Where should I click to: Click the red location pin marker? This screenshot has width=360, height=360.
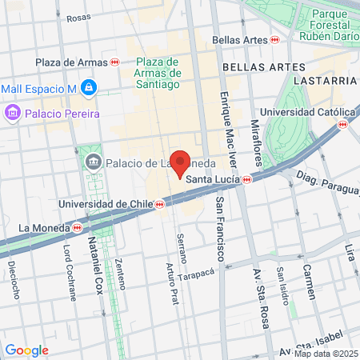click(181, 162)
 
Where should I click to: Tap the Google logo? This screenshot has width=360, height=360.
click(26, 350)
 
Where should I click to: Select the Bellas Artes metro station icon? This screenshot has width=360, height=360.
click(274, 39)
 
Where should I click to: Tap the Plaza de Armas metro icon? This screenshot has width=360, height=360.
click(115, 62)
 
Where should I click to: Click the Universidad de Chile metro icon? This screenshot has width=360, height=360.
click(158, 204)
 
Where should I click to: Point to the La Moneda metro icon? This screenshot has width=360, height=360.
click(78, 227)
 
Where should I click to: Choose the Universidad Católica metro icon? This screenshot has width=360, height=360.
click(343, 124)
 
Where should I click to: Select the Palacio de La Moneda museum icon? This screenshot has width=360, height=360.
click(94, 163)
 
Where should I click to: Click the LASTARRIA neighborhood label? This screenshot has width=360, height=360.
click(324, 81)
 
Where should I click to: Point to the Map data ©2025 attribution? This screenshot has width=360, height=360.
click(326, 354)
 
